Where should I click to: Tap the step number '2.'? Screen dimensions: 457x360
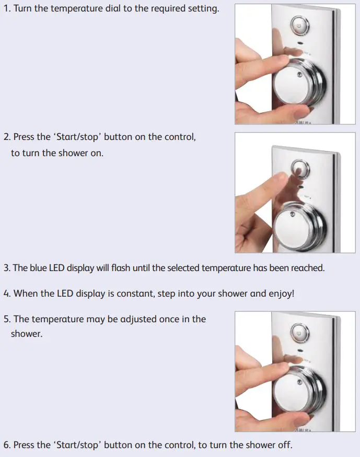7,137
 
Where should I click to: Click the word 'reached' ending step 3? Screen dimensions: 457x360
306,268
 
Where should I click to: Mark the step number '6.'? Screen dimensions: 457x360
7,446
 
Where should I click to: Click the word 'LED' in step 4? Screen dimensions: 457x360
63,294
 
